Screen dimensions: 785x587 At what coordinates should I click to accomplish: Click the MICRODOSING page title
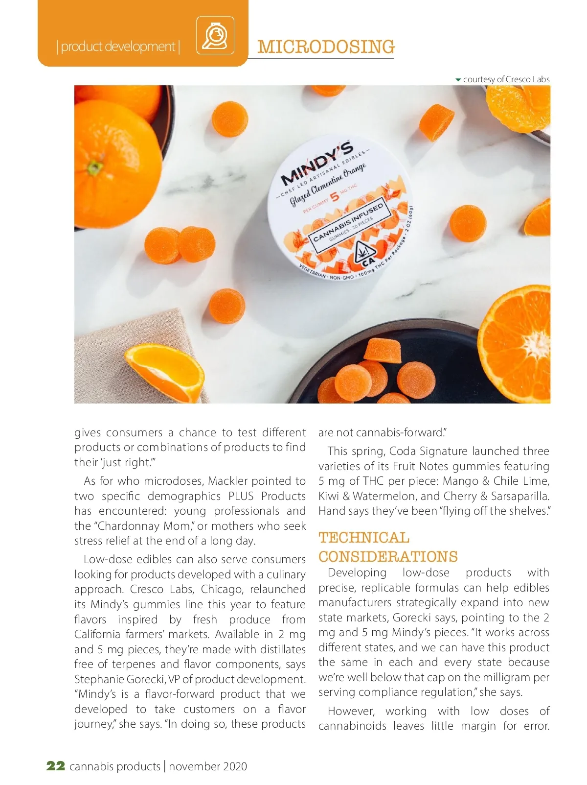coord(326,47)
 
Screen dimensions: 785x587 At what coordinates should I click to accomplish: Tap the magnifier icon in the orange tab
coord(215,35)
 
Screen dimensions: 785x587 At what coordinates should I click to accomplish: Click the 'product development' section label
coord(118,47)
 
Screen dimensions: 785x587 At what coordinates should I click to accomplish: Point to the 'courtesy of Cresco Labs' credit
coord(506,79)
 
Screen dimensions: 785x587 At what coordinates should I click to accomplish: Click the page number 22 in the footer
coord(56,766)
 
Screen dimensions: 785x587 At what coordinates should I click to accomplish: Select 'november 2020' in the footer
coord(208,766)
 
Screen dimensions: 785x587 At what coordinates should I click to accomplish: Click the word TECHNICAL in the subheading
coord(364,538)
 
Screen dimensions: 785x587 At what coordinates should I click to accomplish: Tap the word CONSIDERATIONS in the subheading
coord(388,557)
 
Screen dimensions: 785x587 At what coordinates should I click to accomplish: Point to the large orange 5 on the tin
coord(335,197)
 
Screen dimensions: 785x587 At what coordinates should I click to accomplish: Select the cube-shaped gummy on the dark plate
coord(383,351)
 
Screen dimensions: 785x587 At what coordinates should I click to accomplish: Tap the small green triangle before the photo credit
coord(458,79)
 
